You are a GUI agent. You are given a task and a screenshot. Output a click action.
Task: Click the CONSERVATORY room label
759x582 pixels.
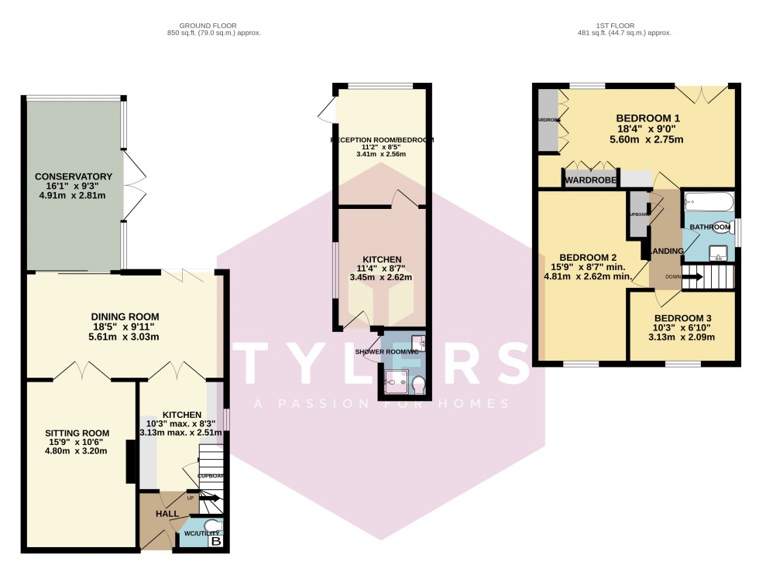(74, 176)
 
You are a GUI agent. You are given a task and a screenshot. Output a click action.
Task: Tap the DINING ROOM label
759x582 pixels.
(125, 317)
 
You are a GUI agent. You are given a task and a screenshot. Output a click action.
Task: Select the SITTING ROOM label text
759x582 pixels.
(77, 433)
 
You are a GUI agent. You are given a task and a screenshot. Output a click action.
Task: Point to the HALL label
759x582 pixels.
(167, 513)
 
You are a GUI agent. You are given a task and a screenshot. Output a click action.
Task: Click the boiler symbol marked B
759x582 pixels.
(216, 541)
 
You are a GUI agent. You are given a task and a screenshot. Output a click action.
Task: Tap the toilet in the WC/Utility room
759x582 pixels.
(211, 526)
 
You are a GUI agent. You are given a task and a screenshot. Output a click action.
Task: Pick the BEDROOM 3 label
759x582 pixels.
(682, 318)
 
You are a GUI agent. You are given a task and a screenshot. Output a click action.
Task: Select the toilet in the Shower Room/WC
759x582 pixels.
(417, 384)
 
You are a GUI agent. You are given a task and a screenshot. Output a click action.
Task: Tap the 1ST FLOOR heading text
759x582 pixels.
(623, 25)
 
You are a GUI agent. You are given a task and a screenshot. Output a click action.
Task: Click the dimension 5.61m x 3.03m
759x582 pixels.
(125, 337)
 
